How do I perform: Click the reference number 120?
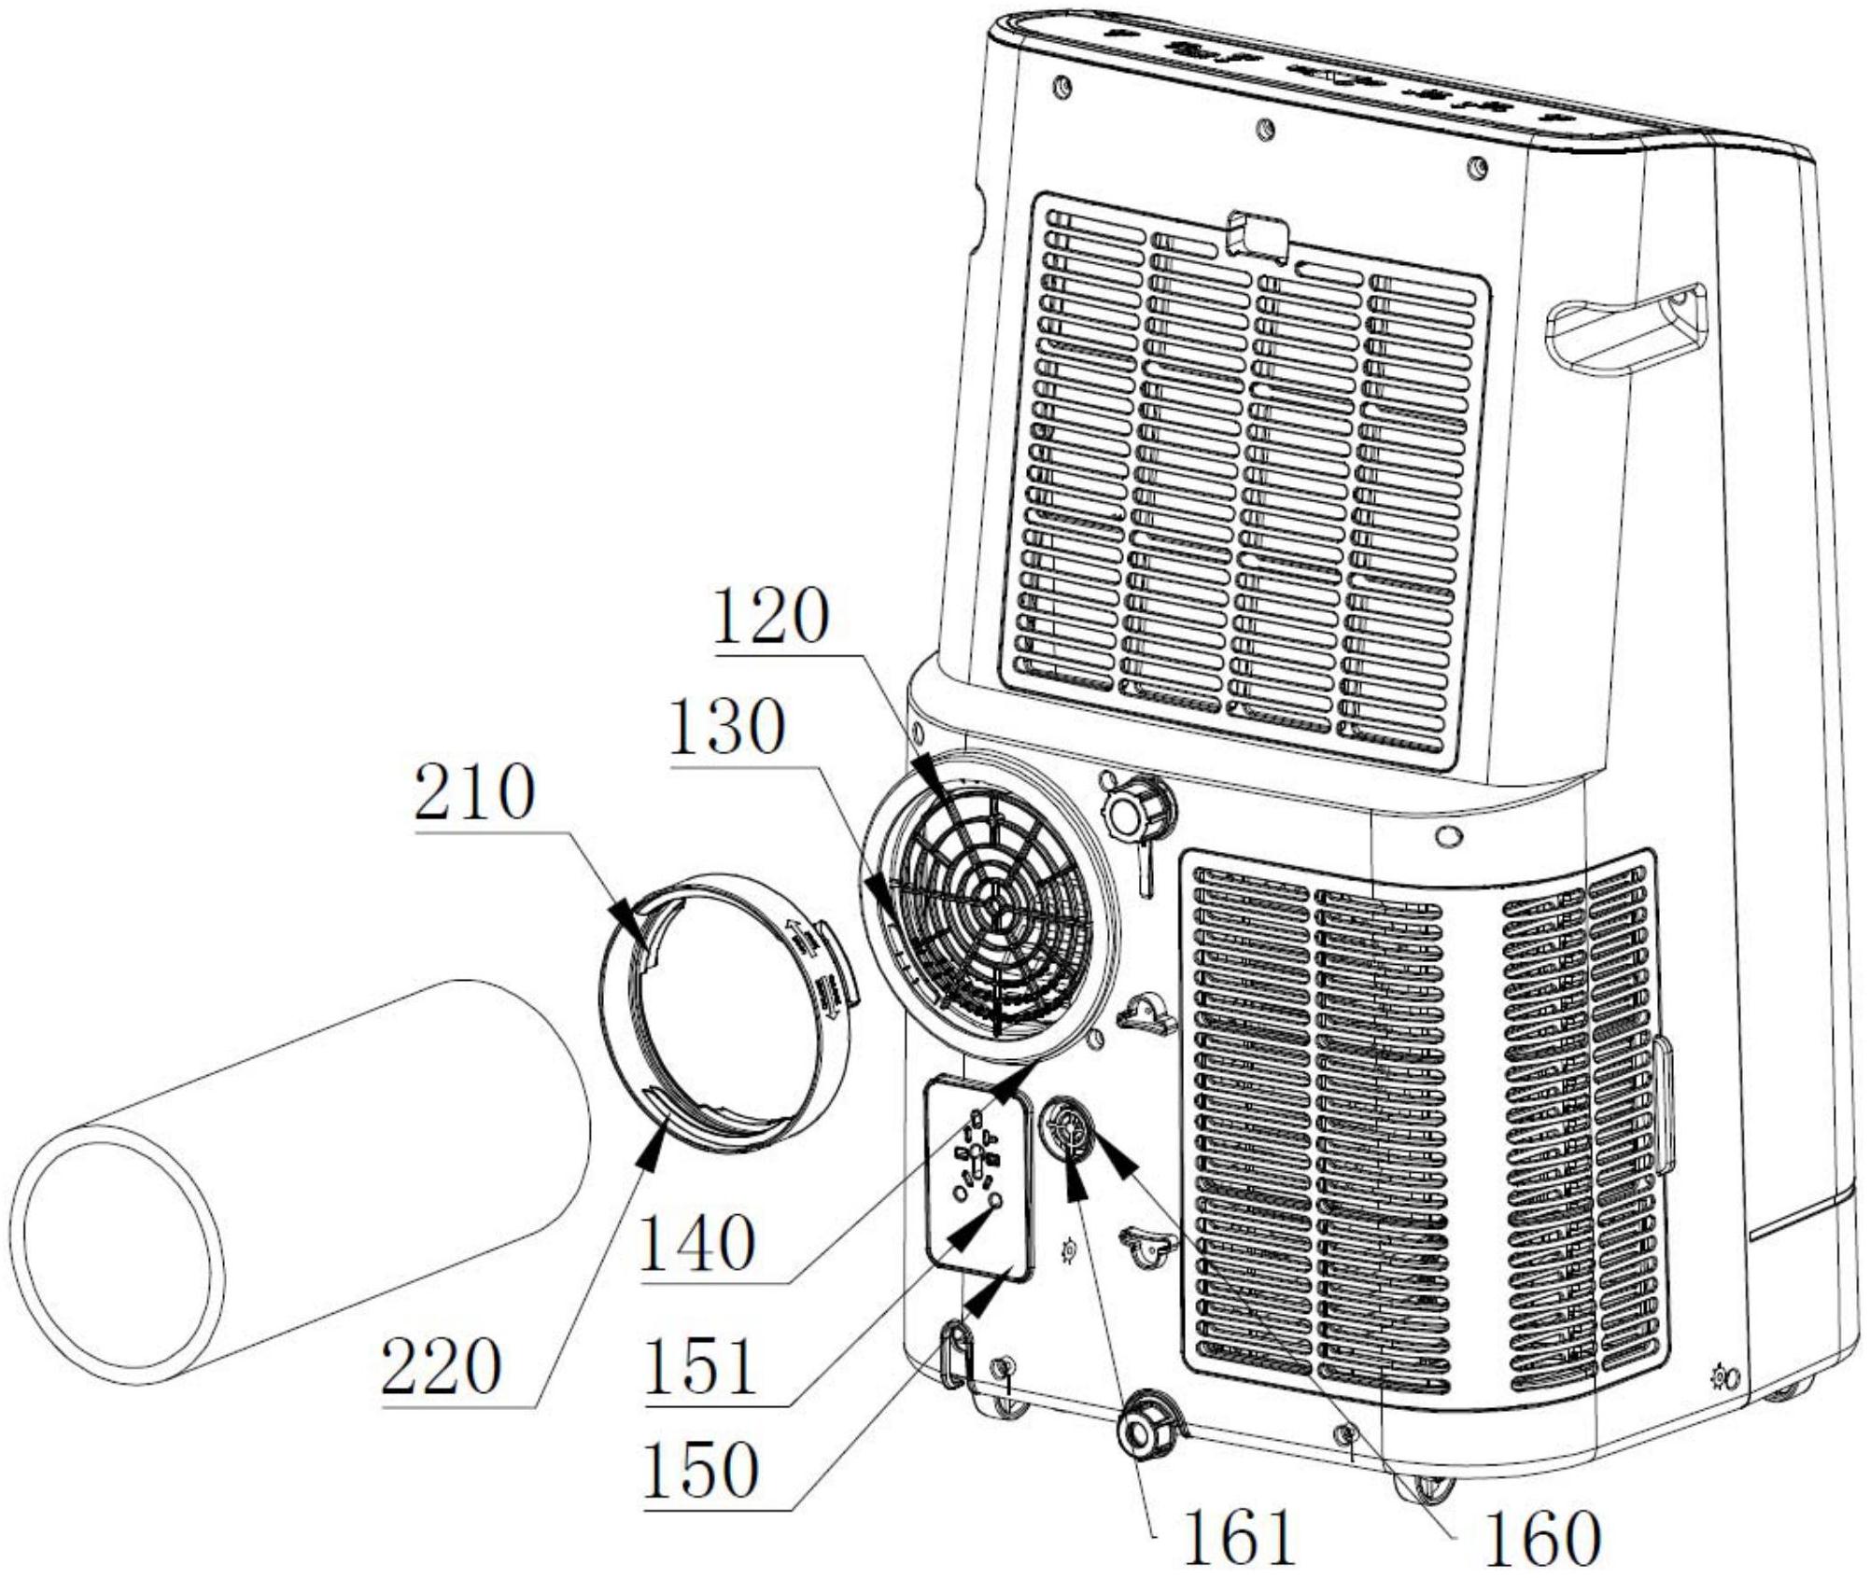pos(771,617)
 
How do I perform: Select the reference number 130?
pos(725,728)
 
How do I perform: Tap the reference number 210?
pos(475,792)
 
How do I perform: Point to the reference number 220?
pos(442,1367)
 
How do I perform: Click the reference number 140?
pos(698,1242)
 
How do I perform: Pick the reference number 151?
pos(700,1367)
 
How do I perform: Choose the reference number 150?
pos(700,1472)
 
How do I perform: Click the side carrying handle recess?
pos(1625,327)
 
